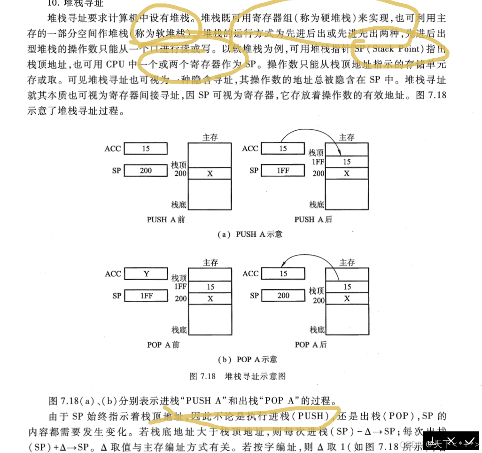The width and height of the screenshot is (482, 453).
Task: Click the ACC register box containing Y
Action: tap(146, 274)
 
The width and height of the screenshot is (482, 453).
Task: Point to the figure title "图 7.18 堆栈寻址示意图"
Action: tap(237, 376)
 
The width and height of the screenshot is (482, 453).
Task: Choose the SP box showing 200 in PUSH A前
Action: tap(146, 171)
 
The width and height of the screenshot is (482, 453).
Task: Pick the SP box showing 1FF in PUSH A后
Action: tap(283, 171)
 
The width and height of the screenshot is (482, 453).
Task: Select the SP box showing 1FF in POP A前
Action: tap(146, 296)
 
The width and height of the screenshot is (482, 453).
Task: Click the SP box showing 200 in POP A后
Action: tap(283, 296)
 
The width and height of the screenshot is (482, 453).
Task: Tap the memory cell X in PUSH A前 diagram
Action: tap(210, 173)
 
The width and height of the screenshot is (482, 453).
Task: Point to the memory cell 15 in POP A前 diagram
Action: tap(210, 287)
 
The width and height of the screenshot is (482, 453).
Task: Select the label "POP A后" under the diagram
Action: tap(311, 344)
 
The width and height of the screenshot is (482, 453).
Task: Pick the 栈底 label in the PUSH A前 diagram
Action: tap(179, 205)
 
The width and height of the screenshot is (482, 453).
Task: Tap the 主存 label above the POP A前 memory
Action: tap(210, 263)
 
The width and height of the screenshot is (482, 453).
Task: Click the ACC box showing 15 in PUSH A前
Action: tap(146, 149)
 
